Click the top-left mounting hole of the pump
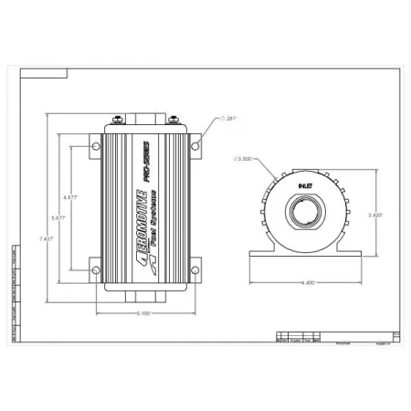(x=94, y=145)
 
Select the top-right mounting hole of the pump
(x=195, y=145)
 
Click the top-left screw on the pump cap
(x=117, y=117)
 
